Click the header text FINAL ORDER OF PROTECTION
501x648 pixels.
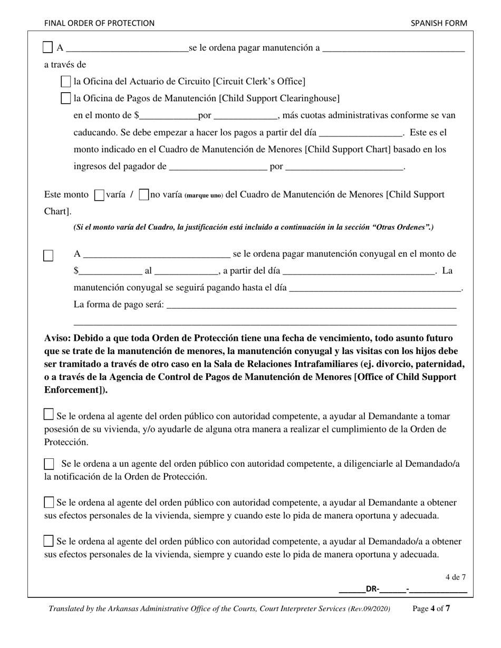pos(99,23)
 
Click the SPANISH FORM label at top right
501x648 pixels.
pos(439,23)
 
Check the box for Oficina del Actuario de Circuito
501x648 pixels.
pos(66,82)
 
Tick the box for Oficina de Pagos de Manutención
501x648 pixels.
pos(66,99)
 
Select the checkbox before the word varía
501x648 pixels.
pos(99,195)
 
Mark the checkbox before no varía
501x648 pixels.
pos(143,195)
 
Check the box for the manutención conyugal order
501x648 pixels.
pos(48,256)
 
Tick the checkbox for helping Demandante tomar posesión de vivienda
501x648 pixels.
pos(49,415)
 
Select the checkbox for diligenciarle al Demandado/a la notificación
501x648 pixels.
pos(49,464)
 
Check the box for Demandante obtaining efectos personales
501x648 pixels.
pos(49,502)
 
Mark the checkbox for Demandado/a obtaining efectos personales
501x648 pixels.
pos(49,541)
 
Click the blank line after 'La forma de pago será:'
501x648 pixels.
pos(311,306)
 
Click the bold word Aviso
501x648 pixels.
pos(57,338)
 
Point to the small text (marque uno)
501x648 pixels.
pos(204,195)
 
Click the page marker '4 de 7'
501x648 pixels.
pos(455,577)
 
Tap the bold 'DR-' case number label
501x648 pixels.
pos(372,590)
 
